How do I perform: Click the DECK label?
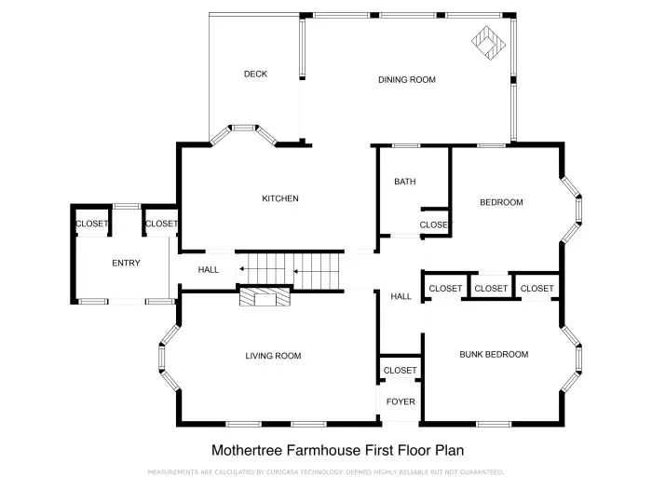point(255,75)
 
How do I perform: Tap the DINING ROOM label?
point(407,80)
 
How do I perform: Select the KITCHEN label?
point(279,198)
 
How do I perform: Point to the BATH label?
point(404,182)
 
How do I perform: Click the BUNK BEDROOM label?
point(494,355)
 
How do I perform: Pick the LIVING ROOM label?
point(273,356)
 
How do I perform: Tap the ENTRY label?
point(126,264)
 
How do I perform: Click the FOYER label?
point(401,402)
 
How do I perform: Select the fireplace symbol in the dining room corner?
point(488,42)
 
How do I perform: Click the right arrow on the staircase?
point(298,272)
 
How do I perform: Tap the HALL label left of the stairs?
point(209,270)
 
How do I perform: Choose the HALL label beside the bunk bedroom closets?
point(401,296)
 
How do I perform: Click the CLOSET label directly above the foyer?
point(401,371)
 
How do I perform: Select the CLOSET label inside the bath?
point(434,225)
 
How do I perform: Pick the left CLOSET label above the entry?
point(91,224)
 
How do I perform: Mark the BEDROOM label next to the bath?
point(501,202)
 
